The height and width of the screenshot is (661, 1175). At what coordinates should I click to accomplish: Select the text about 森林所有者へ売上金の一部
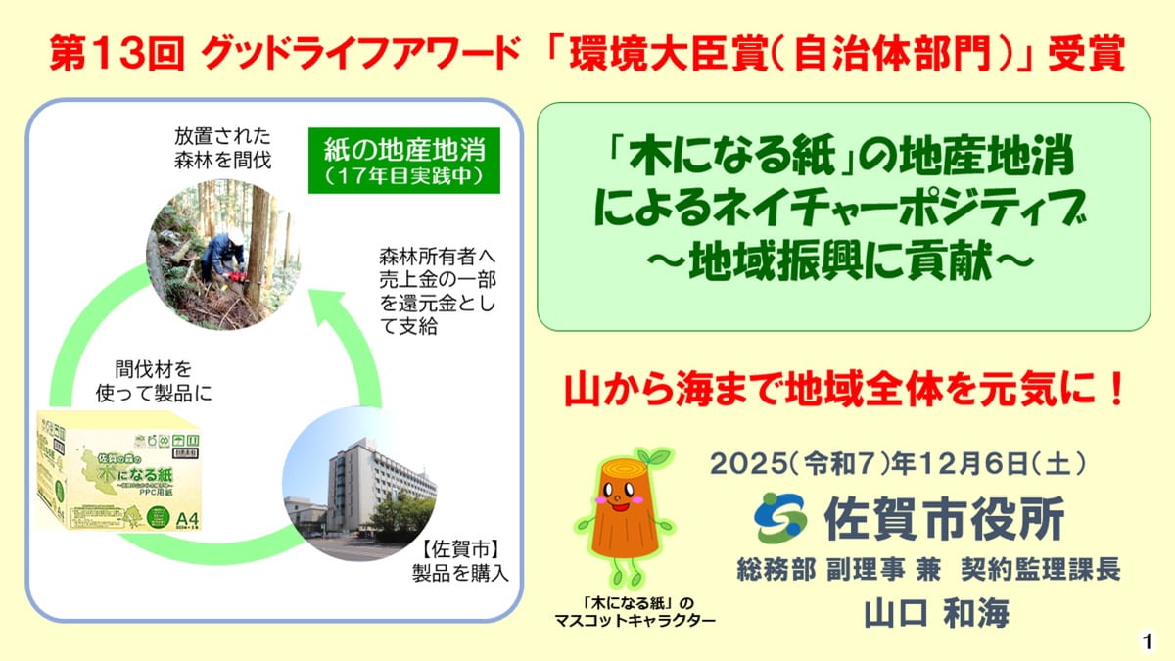click(437, 290)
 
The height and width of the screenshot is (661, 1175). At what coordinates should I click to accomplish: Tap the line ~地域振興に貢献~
click(843, 262)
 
